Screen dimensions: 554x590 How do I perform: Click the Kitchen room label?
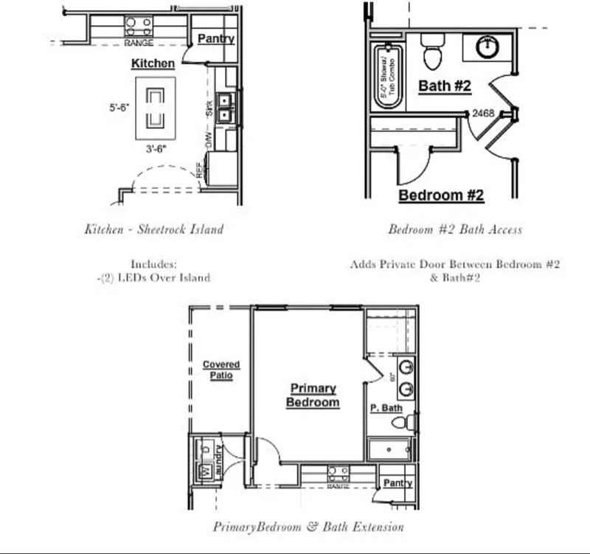point(153,63)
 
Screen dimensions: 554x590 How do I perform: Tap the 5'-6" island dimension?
point(119,107)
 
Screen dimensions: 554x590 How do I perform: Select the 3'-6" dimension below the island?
point(155,148)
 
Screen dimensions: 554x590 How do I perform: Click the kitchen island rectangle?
point(155,108)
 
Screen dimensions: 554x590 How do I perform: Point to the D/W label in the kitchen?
point(209,139)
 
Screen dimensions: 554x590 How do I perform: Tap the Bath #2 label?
point(444,86)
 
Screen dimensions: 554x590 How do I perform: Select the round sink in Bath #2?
point(486,48)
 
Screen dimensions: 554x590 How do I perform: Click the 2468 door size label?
point(483,114)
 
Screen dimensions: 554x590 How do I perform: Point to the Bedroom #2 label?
point(441,195)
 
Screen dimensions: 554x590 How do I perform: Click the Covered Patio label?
point(221,370)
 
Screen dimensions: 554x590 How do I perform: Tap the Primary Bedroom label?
point(313,395)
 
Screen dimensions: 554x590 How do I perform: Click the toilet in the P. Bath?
point(400,423)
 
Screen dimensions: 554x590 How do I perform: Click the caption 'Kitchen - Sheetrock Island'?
point(153,229)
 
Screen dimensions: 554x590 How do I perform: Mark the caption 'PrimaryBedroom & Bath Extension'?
point(308,527)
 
